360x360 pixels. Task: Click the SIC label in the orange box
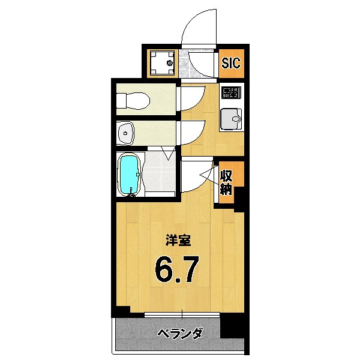[231, 62]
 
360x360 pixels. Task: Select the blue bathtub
[130, 175]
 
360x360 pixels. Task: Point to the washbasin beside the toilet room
[125, 133]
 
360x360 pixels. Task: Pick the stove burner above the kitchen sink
[230, 93]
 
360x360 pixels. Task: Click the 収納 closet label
[226, 183]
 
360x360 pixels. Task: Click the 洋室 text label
[178, 241]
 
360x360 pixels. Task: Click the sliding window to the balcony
[181, 314]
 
